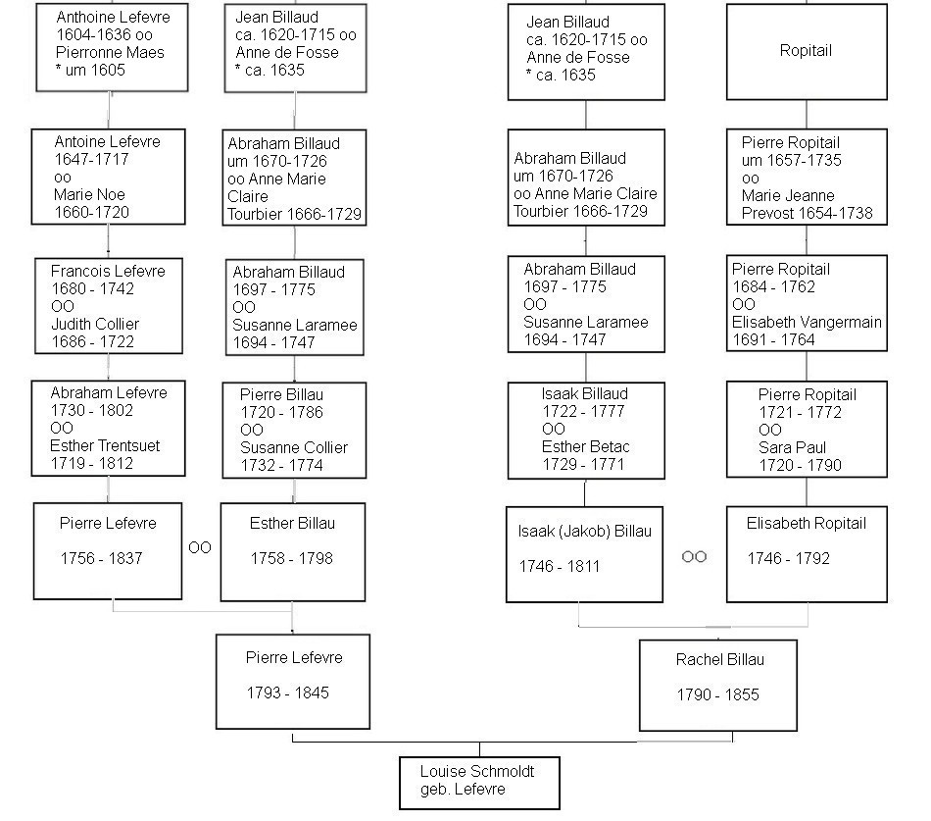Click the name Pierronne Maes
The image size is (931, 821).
pos(110,52)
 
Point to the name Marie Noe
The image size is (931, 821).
pos(89,194)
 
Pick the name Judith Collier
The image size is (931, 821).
pos(95,324)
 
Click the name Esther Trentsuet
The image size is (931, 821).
pos(105,446)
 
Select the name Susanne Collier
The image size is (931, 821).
pos(294,447)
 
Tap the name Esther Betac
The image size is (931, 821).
pos(585,446)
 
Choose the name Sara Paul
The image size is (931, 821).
pos(792,447)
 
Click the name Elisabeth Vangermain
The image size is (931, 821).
pos(807,322)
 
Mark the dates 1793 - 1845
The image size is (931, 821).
pos(288,693)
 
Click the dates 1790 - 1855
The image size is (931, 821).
pos(717,694)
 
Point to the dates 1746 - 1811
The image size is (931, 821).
pos(560,566)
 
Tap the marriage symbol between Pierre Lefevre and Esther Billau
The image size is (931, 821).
pos(200,547)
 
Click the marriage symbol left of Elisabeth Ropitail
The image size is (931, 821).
pos(694,556)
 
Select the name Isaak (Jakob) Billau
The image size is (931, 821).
pos(585,532)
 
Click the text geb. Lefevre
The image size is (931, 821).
pos(463,790)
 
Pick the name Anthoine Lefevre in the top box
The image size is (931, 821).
pos(113,18)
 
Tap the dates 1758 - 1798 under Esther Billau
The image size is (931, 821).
pos(291,558)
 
